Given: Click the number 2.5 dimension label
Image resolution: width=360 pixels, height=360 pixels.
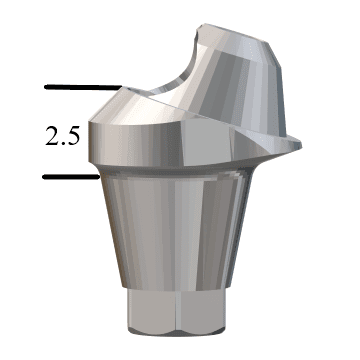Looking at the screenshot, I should [62, 137].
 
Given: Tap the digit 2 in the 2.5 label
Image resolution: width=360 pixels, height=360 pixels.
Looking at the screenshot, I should [52, 137].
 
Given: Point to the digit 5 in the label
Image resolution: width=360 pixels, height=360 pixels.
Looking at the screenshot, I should [72, 137].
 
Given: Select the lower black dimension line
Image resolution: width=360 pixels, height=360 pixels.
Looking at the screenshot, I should [70, 178].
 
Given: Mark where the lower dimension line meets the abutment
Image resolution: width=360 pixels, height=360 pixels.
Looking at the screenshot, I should [95, 178].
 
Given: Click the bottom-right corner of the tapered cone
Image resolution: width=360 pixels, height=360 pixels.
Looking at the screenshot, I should [244, 290].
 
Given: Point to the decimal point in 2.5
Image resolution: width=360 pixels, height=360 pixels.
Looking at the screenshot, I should [62, 144].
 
